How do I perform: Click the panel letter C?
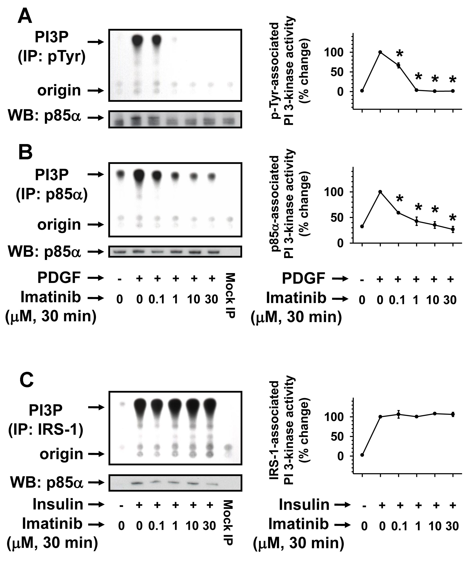[x=26, y=380]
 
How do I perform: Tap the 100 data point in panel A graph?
[x=380, y=52]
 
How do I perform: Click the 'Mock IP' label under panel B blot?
[x=230, y=295]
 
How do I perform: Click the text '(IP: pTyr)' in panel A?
[x=51, y=57]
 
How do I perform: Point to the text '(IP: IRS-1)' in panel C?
[x=46, y=430]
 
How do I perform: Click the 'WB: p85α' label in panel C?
[x=47, y=482]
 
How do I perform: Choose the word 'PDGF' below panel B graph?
[x=303, y=279]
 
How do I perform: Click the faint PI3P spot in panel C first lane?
[x=122, y=404]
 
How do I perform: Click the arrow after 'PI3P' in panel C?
[x=96, y=407]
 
